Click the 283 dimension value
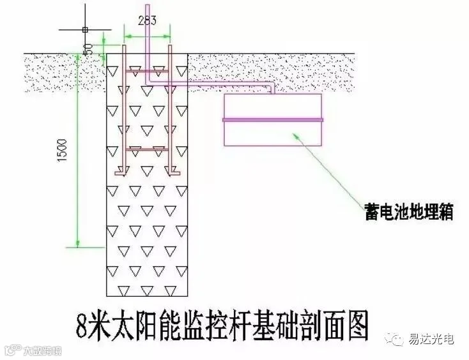click(x=147, y=21)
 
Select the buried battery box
click(x=272, y=121)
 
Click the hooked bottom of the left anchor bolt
click(x=120, y=172)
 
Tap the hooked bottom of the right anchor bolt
click(x=174, y=172)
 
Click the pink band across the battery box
click(x=272, y=119)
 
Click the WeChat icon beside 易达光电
click(x=399, y=339)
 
